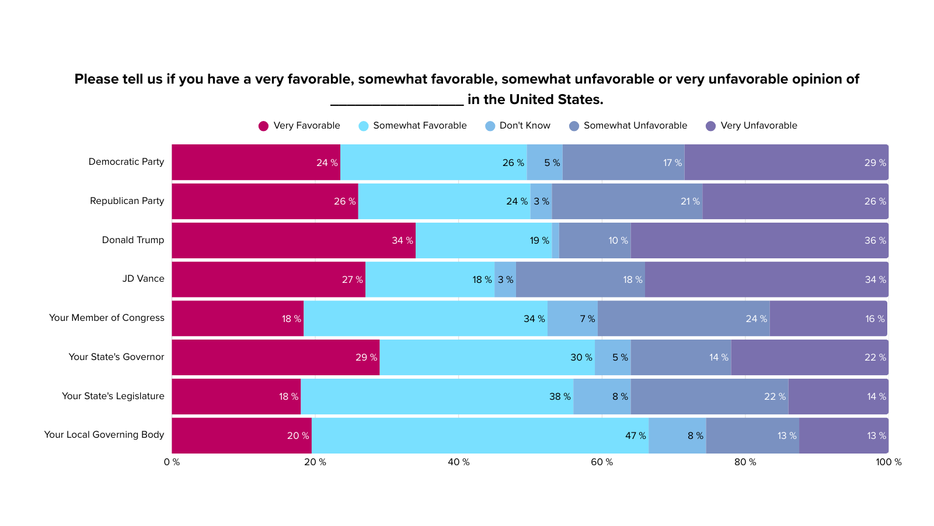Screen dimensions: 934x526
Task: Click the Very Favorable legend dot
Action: click(263, 126)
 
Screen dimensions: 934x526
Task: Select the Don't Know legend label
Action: click(525, 126)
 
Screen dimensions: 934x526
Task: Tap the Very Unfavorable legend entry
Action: click(751, 126)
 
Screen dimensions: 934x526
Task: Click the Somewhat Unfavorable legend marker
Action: click(574, 126)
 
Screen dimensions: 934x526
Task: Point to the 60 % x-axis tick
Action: click(602, 462)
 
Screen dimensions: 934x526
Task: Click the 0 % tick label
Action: click(172, 462)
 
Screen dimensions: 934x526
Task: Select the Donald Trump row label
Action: click(133, 240)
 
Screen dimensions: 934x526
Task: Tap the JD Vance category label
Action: click(143, 279)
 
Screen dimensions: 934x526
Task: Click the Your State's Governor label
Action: click(116, 357)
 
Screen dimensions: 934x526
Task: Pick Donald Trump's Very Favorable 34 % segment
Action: click(294, 240)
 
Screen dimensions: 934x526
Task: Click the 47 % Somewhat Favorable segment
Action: click(480, 435)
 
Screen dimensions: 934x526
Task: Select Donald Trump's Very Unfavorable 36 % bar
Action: click(759, 240)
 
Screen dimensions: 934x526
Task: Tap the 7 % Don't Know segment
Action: click(573, 319)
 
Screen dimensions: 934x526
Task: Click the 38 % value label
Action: click(560, 397)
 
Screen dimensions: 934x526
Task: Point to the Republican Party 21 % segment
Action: click(627, 201)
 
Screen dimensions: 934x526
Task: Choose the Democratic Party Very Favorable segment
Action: click(256, 162)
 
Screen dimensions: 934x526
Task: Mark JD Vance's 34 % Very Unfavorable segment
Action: click(767, 279)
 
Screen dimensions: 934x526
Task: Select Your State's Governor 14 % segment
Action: click(681, 357)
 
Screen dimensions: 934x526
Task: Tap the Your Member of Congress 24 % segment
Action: click(684, 319)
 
